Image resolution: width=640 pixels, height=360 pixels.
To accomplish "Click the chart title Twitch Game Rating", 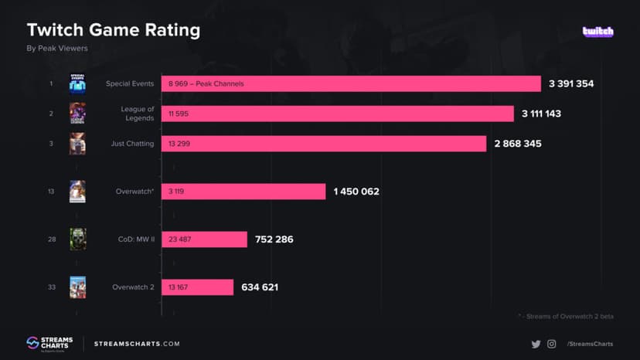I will pyautogui.click(x=114, y=30).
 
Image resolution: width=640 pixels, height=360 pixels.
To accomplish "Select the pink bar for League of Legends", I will pyautogui.click(x=337, y=114).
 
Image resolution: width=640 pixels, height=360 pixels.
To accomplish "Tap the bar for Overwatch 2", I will pyautogui.click(x=197, y=287).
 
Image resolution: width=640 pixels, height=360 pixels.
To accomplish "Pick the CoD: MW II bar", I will pyautogui.click(x=204, y=239).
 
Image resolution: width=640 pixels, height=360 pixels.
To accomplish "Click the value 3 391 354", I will pyautogui.click(x=571, y=83).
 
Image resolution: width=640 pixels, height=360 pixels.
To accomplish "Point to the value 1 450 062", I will pyautogui.click(x=356, y=192).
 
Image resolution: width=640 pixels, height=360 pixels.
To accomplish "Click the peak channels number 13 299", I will pyautogui.click(x=178, y=144).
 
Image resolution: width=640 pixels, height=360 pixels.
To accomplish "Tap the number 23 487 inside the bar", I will pyautogui.click(x=178, y=239).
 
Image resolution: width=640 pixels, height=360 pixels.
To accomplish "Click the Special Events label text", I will pyautogui.click(x=130, y=83).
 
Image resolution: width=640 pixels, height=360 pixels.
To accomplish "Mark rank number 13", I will pyautogui.click(x=50, y=192).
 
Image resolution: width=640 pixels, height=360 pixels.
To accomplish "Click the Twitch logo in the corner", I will pyautogui.click(x=597, y=32).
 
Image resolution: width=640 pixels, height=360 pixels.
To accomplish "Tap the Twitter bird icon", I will pyautogui.click(x=536, y=344).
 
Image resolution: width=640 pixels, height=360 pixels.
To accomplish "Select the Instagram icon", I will pyautogui.click(x=551, y=344).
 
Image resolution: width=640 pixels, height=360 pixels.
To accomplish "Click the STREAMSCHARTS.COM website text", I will pyautogui.click(x=137, y=344).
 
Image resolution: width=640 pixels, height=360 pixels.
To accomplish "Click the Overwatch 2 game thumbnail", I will pyautogui.click(x=77, y=287).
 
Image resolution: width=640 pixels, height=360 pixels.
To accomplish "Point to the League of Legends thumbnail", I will pyautogui.click(x=77, y=114).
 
